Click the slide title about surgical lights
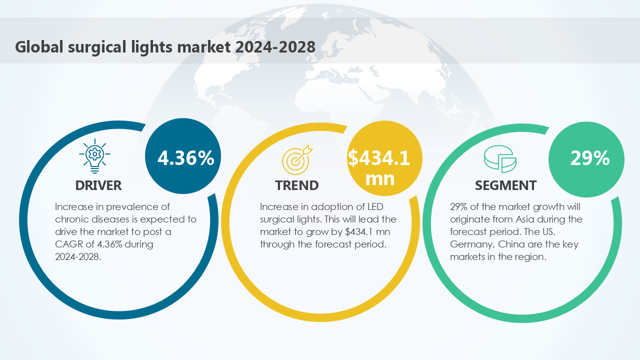pos(165,46)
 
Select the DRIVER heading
pos(98,185)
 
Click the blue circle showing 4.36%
pos(182,157)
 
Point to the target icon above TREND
pos(297,158)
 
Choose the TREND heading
pos(296,185)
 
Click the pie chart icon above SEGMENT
pos(500,159)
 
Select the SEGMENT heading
pos(505,185)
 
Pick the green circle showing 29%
pos(586,159)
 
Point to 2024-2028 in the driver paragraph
pos(78,257)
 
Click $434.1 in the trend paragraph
pos(359,232)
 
